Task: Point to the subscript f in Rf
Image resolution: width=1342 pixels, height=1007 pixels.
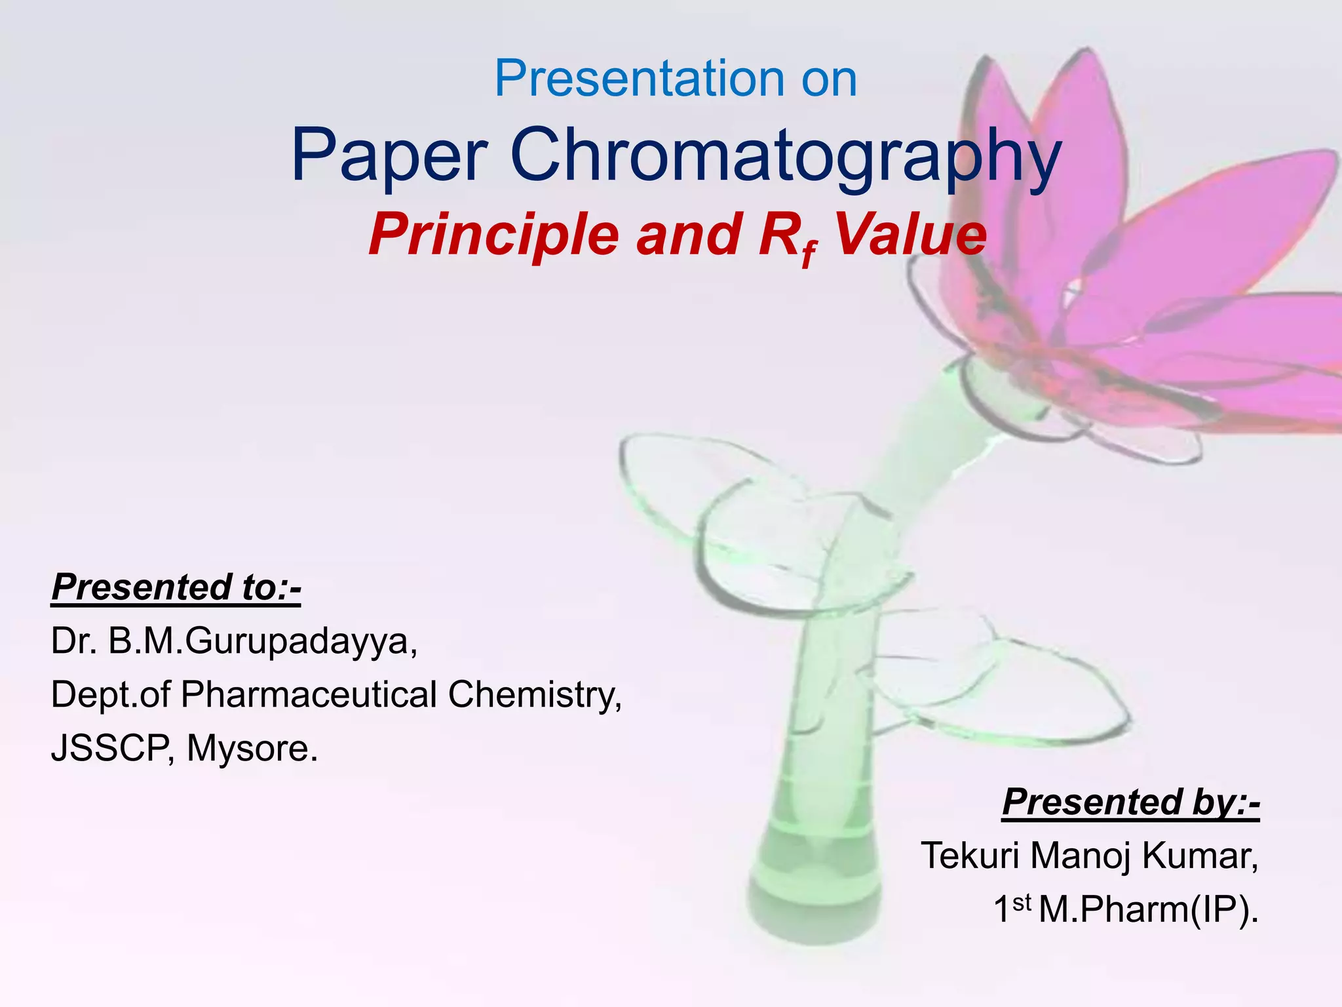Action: pos(809,253)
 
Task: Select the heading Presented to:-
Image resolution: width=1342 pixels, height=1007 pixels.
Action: pos(176,586)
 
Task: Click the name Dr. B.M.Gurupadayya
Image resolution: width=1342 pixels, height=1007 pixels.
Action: pos(234,641)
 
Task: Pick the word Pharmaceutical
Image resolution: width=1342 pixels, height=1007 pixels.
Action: pos(309,694)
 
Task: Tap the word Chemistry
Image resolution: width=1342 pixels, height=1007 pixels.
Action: pos(535,694)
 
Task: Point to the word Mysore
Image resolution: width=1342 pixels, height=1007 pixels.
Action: pos(252,748)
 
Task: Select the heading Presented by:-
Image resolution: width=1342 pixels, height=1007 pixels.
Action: pos(1131,801)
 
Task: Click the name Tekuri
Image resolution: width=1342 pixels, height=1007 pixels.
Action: pos(970,855)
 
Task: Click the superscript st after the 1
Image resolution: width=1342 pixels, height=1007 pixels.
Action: pos(1022,903)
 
